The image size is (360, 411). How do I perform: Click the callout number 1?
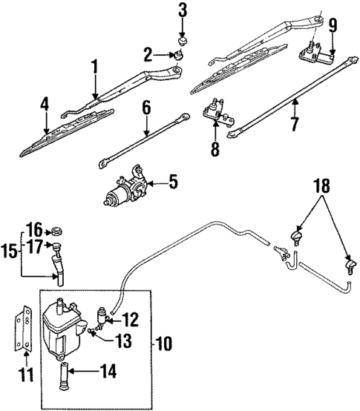pos(94,69)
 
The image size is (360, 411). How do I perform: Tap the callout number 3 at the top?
pos(183,11)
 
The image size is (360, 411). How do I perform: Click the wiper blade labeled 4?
pos(67,138)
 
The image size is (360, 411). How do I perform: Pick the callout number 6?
pos(145,108)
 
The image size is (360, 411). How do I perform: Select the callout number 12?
pos(130,320)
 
